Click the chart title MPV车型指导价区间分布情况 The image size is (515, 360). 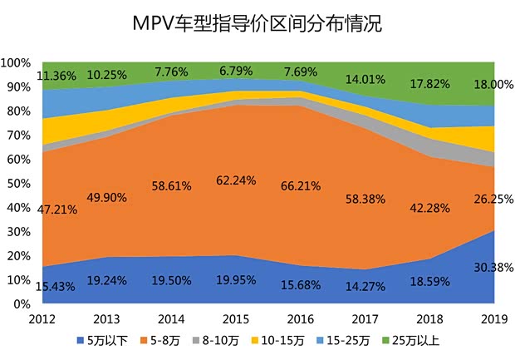pyautogui.click(x=257, y=22)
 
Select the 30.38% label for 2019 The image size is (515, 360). pyautogui.click(x=493, y=267)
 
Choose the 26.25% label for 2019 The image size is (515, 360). pyautogui.click(x=493, y=200)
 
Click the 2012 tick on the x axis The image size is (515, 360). pyautogui.click(x=42, y=320)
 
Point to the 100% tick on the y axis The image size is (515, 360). pyautogui.click(x=17, y=63)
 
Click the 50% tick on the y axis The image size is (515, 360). pyautogui.click(x=20, y=184)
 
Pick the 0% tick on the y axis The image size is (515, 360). pyautogui.click(x=23, y=304)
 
